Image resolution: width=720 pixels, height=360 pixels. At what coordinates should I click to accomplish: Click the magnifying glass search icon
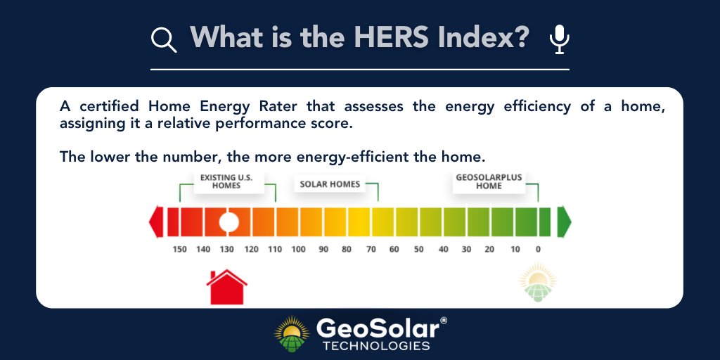164,39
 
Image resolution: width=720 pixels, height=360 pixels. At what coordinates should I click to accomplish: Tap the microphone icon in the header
559,39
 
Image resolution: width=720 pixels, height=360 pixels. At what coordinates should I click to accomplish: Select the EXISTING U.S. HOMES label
221,181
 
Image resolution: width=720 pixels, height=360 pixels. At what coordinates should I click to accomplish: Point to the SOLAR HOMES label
330,184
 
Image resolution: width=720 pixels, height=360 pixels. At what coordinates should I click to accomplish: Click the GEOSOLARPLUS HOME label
489,181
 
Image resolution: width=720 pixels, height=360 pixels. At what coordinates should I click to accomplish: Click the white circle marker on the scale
229,221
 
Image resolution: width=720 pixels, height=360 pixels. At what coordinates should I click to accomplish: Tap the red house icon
226,287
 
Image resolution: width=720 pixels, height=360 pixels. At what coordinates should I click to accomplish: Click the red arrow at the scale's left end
156,221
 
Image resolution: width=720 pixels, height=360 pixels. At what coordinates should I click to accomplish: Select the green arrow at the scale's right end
564,221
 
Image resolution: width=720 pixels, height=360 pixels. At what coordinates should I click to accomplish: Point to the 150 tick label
180,250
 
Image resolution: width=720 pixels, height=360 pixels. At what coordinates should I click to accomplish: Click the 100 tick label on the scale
298,250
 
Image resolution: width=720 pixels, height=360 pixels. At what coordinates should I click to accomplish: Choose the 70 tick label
371,250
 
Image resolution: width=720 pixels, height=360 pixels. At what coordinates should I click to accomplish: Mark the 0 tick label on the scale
538,250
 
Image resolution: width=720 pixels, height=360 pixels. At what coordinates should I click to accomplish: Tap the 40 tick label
443,250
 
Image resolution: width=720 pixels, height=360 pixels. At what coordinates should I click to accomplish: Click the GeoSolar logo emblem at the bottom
292,334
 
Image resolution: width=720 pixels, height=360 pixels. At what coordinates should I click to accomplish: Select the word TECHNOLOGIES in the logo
375,346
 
